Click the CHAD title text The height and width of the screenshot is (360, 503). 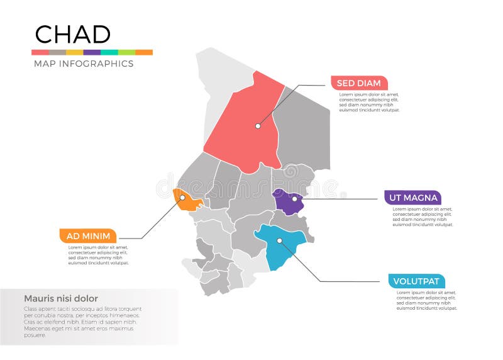tap(72, 35)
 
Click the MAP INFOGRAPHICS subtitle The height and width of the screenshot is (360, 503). tap(83, 64)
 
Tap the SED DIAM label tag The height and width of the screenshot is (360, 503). tap(359, 83)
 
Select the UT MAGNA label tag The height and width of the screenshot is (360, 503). tap(412, 198)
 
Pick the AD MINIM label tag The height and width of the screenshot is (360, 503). tap(88, 236)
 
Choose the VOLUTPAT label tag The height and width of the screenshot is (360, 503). tap(417, 281)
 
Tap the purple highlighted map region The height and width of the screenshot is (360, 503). tap(288, 203)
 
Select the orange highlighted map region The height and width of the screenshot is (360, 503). tap(187, 200)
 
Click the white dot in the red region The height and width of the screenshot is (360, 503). tap(258, 126)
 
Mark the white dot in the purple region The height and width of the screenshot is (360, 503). tap(294, 199)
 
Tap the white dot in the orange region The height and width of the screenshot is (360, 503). tap(182, 198)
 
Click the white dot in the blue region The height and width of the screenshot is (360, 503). tap(279, 240)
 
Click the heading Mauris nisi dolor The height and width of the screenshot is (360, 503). tap(61, 298)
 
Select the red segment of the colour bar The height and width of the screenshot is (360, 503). tap(40, 52)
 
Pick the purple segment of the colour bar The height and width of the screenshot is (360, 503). tap(92, 52)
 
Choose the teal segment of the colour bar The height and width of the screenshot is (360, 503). tap(109, 52)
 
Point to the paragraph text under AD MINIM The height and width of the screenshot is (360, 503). tap(98, 256)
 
